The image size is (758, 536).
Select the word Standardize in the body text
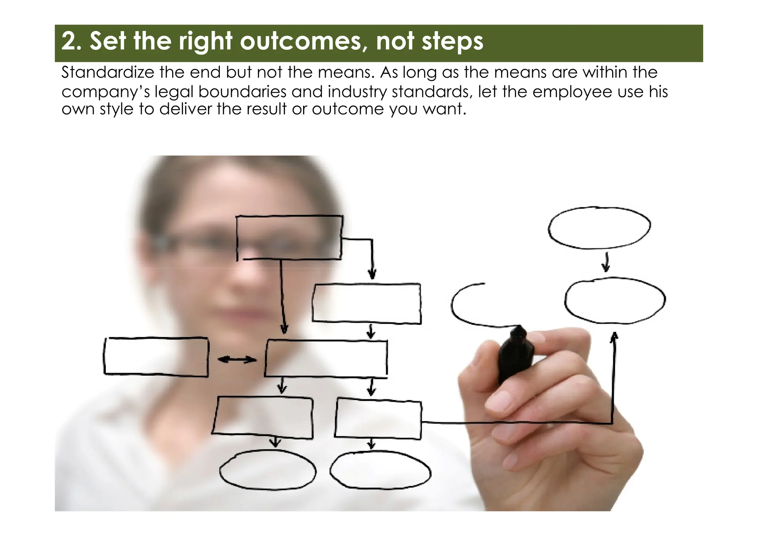tap(107, 72)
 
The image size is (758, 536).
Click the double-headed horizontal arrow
tap(237, 359)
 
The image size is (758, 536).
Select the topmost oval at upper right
tap(599, 227)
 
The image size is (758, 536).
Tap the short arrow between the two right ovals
tap(606, 262)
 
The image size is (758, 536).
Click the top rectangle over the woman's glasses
tap(289, 237)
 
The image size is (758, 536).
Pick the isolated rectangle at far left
tap(156, 357)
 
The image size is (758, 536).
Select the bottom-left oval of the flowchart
tap(268, 470)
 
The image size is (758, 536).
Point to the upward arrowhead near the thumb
tap(614, 336)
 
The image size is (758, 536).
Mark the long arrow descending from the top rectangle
tap(282, 296)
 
